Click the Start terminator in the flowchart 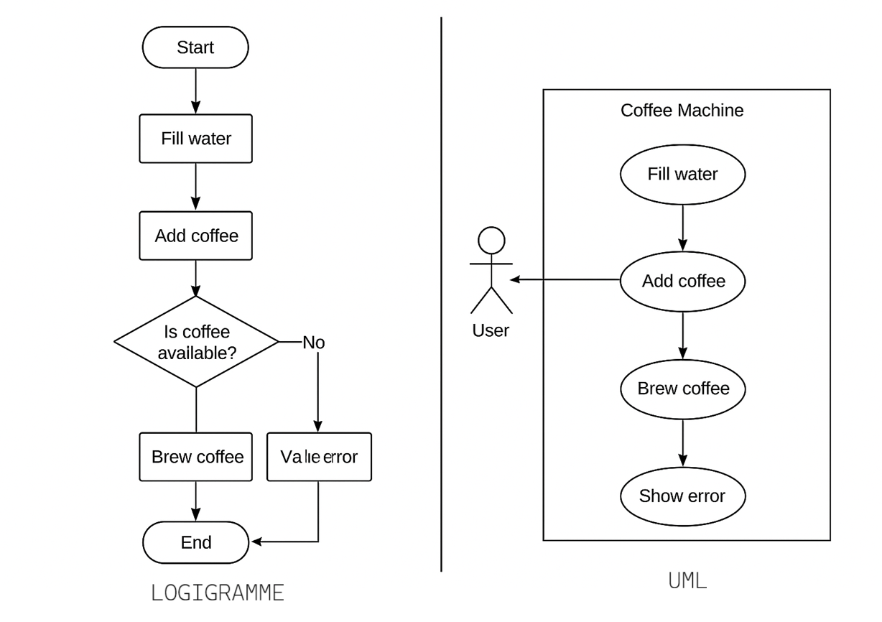tap(195, 47)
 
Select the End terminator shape tap(195, 542)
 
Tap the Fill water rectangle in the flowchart tap(195, 139)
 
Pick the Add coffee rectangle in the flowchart tap(195, 236)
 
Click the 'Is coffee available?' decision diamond tap(196, 342)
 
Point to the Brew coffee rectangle tap(196, 457)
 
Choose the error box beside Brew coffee tap(319, 457)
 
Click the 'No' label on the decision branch tap(313, 343)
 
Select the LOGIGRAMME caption tap(218, 593)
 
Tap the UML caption tap(687, 580)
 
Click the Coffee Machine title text tap(682, 111)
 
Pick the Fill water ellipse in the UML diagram tap(682, 174)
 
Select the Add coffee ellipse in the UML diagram tap(682, 281)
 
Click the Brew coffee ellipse tap(682, 389)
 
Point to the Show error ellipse tap(682, 496)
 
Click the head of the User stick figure tap(491, 241)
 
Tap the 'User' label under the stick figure tap(491, 330)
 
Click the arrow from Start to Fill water tap(195, 91)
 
